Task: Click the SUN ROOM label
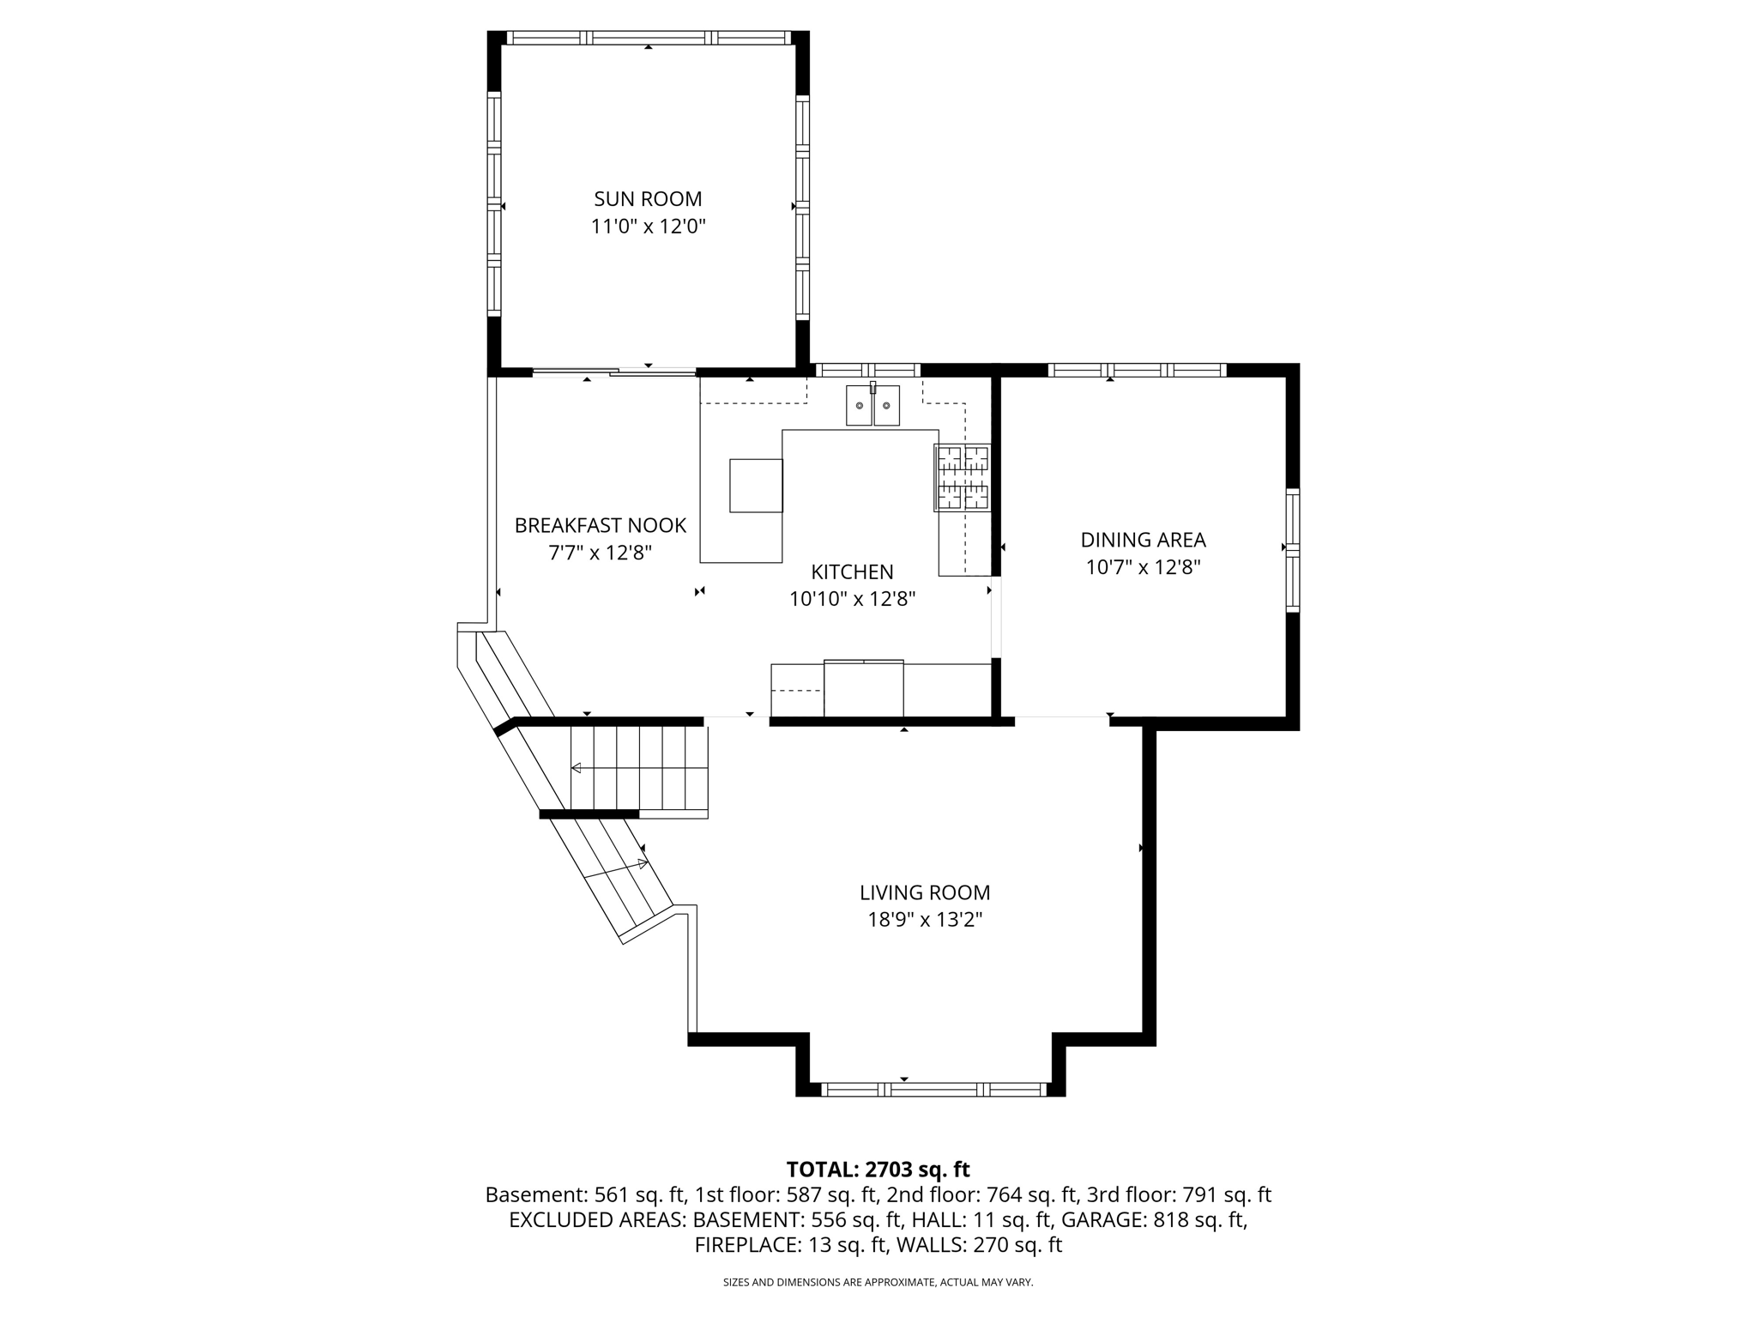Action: point(648,199)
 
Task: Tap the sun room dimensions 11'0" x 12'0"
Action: point(648,227)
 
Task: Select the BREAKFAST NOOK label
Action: point(600,525)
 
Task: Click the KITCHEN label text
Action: point(852,571)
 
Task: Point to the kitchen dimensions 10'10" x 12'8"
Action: point(852,599)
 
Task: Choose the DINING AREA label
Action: point(1143,540)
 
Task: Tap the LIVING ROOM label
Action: point(925,892)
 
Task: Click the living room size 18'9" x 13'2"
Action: point(925,920)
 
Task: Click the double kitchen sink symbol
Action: point(872,405)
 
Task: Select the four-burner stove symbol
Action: point(963,478)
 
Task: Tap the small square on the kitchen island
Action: point(756,486)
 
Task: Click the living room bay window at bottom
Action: point(933,1090)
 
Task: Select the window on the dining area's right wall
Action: point(1292,549)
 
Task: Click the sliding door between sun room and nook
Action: point(613,372)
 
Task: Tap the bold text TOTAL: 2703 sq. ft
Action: point(878,1170)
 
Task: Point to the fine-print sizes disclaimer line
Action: point(878,1283)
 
